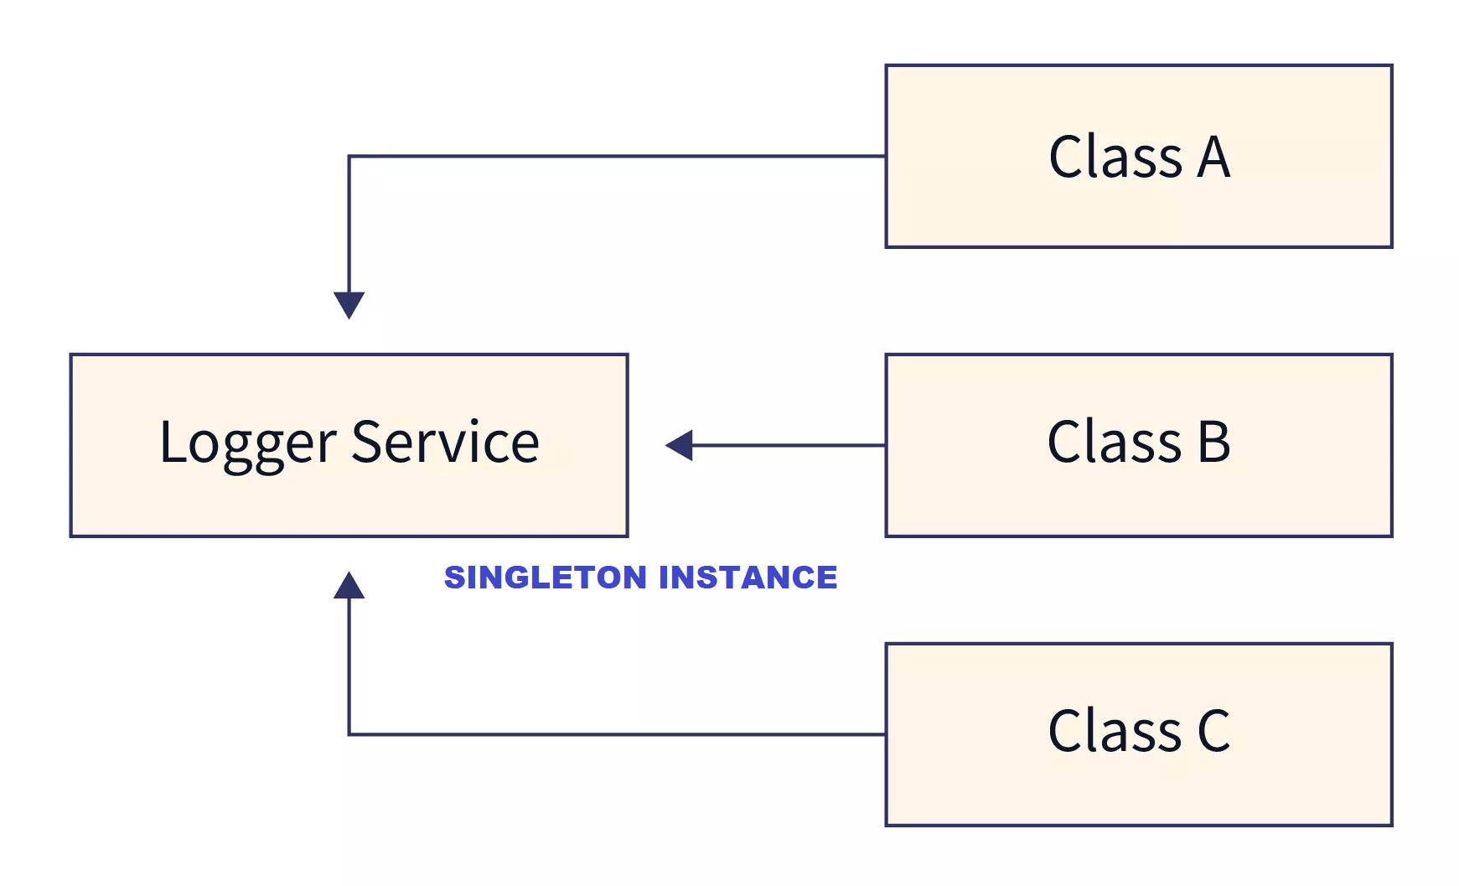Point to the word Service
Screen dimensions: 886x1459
tap(445, 442)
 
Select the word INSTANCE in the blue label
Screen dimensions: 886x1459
tap(748, 578)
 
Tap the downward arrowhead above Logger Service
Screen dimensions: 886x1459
tap(349, 303)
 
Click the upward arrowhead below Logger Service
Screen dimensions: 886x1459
tap(349, 586)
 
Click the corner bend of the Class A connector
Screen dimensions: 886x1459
tap(349, 157)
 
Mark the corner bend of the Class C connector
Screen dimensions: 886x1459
tap(349, 734)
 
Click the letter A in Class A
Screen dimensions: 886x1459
tap(1213, 158)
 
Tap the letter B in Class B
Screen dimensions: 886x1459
tap(1213, 442)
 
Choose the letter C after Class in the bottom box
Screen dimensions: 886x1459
tap(1213, 731)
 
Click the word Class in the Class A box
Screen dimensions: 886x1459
tap(1115, 158)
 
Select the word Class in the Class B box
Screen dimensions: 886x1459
tap(1115, 442)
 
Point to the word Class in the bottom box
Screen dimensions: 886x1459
tap(1115, 731)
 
